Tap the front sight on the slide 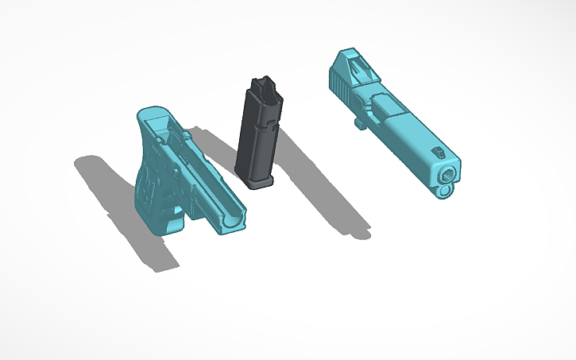point(436,151)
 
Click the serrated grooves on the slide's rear point(338,83)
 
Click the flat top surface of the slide point(413,127)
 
